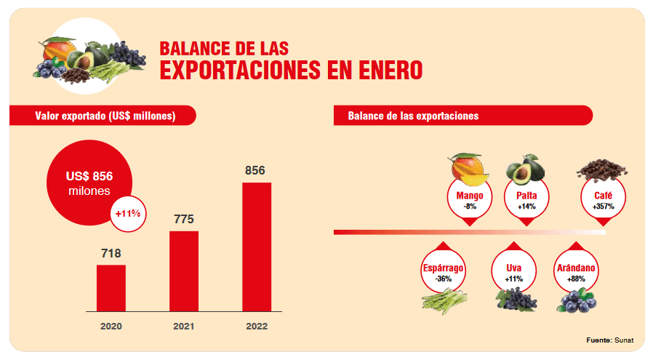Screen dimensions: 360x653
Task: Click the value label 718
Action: pos(111,253)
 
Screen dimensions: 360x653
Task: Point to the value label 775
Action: pos(184,219)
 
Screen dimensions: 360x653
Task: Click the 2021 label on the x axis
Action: pos(184,327)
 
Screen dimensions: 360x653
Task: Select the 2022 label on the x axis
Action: pos(257,327)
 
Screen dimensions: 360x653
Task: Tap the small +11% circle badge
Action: pos(129,214)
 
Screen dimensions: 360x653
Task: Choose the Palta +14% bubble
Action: pos(526,201)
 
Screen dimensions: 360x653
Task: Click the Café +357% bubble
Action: pos(603,201)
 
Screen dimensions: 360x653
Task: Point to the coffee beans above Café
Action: pos(603,169)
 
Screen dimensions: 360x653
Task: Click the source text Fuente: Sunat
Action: pos(609,340)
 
